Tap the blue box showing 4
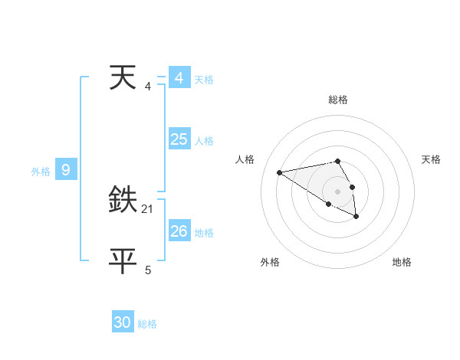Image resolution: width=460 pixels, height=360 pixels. [179, 78]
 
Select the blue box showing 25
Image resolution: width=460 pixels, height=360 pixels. [179, 139]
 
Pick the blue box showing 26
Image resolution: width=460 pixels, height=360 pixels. [179, 231]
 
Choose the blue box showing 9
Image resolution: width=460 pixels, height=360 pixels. [66, 170]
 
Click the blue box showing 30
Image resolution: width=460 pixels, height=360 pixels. [123, 322]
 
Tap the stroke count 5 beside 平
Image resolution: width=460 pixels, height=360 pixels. [148, 270]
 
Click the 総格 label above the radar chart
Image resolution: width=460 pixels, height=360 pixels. [337, 100]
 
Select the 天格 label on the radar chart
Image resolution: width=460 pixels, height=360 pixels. [431, 159]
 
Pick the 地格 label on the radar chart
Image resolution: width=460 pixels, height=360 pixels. [402, 262]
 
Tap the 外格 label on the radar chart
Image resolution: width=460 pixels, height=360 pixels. [270, 262]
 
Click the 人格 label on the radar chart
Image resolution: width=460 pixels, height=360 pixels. [245, 159]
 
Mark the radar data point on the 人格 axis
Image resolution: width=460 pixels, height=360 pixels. [280, 172]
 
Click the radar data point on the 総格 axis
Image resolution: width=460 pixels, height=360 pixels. [337, 161]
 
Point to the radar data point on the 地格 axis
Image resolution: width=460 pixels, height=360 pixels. [356, 218]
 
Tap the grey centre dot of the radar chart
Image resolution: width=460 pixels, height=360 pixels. [337, 191]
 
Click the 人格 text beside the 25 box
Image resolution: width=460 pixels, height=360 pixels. [204, 141]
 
